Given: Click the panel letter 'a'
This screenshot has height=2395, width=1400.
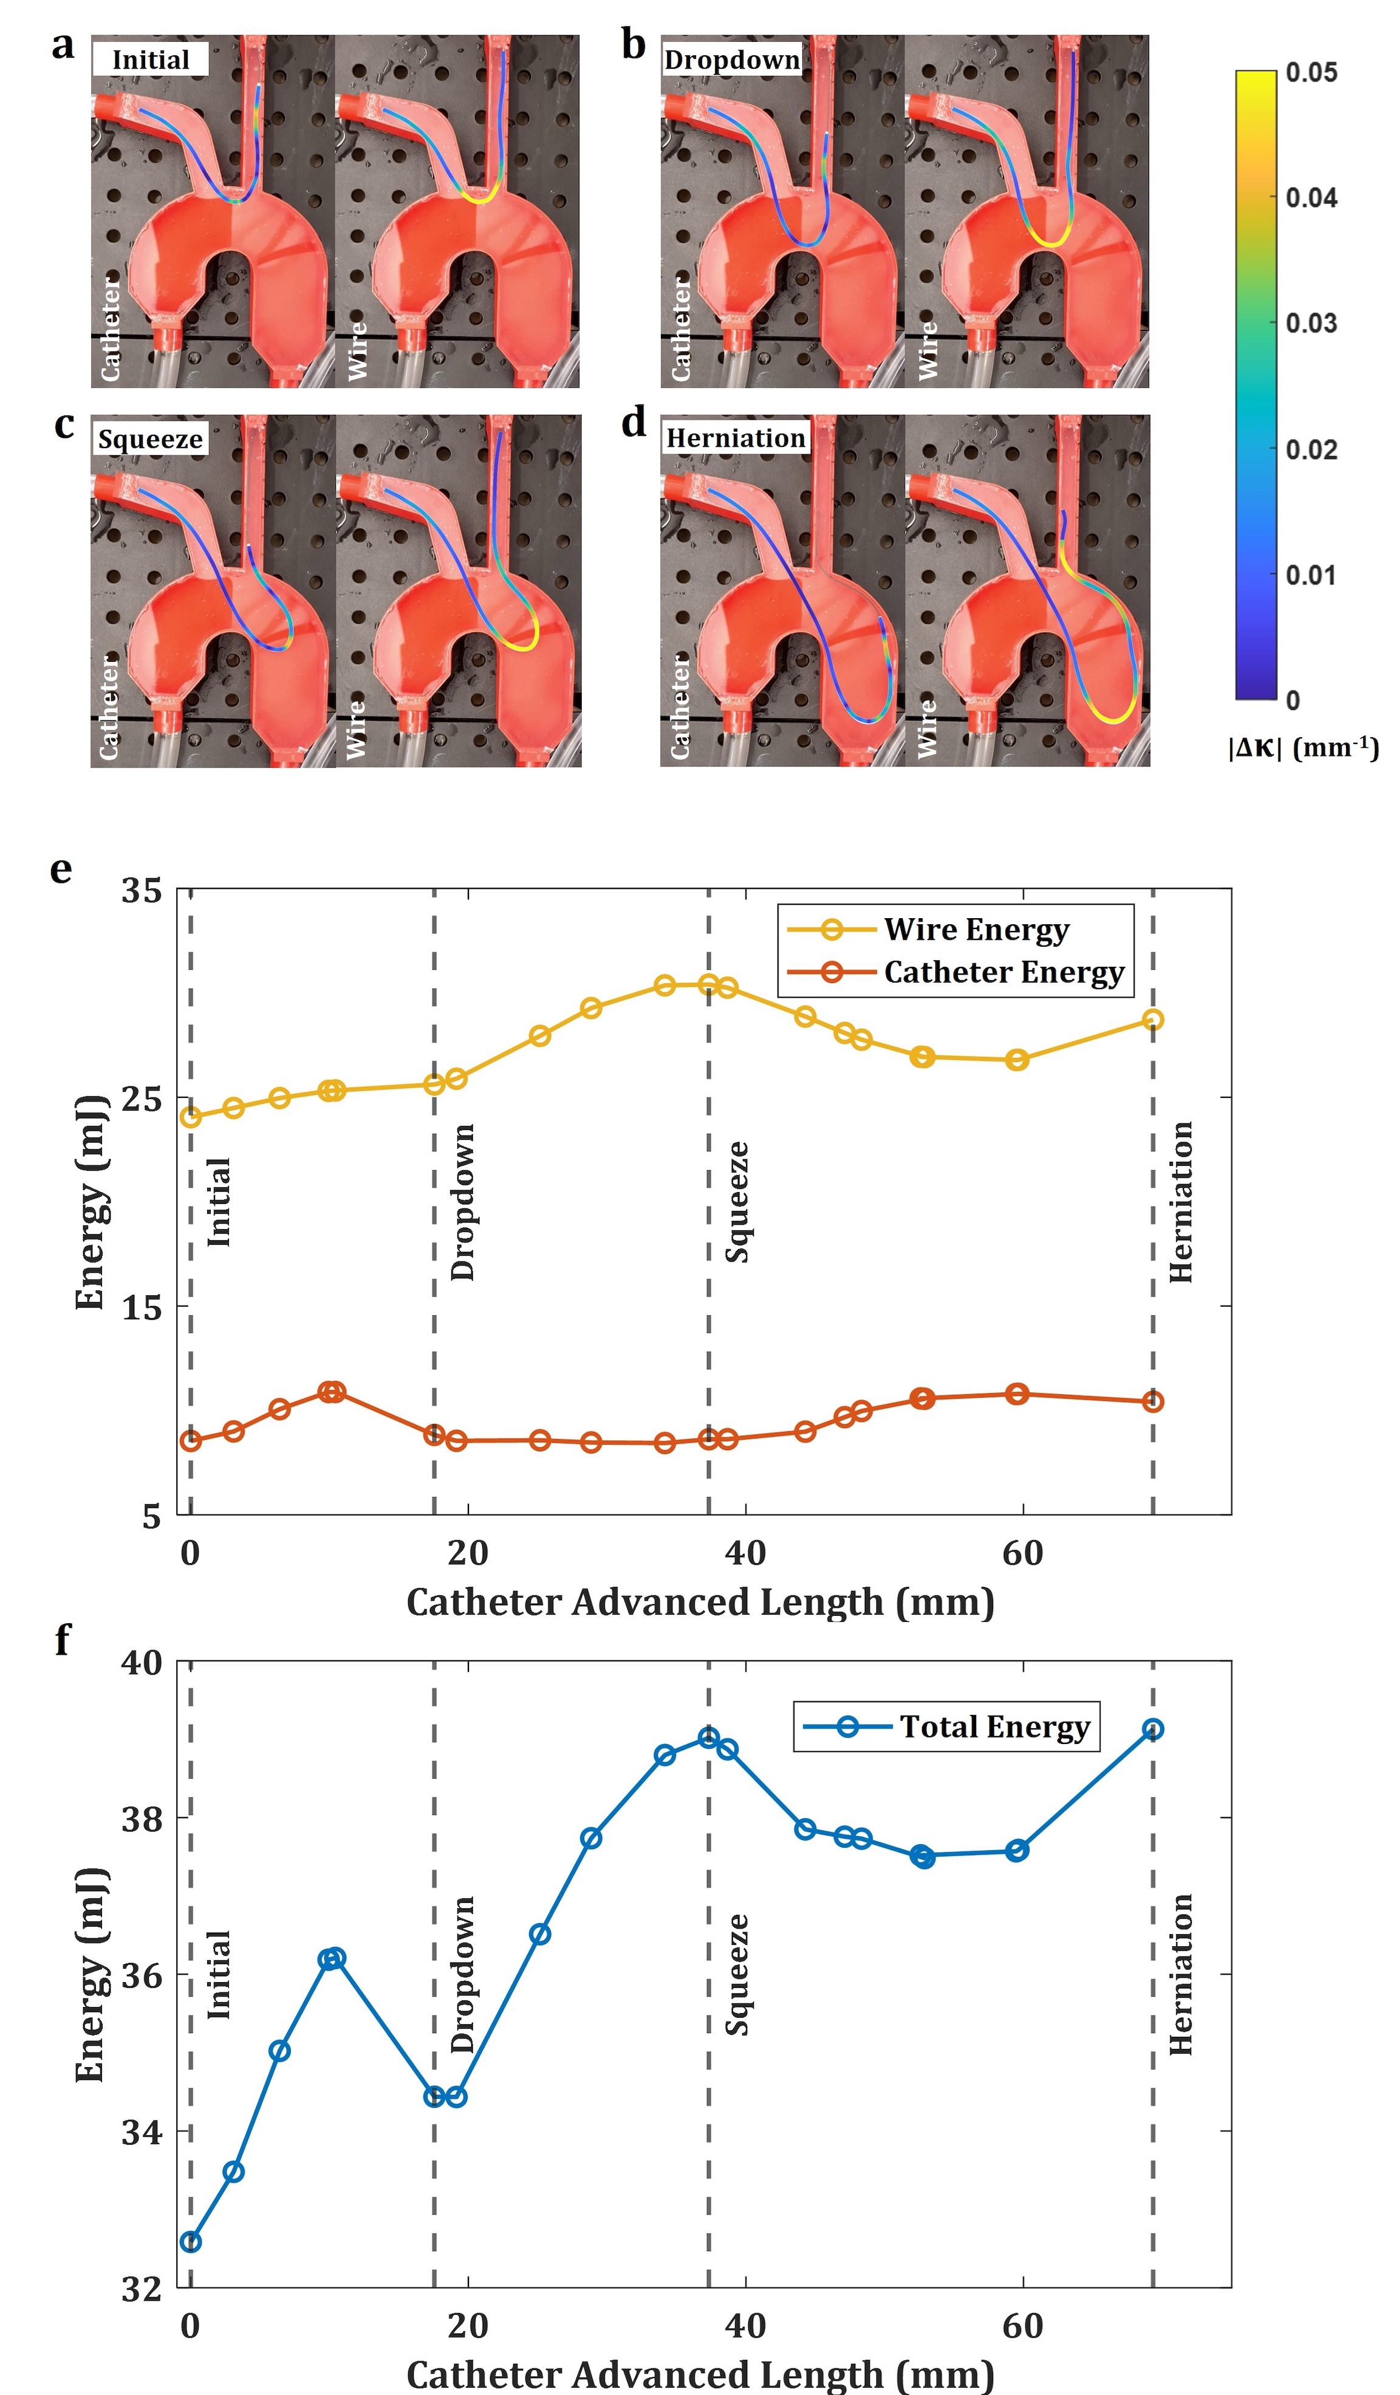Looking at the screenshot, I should [x=63, y=45].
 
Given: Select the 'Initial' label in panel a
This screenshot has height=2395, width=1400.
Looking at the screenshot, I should [x=150, y=60].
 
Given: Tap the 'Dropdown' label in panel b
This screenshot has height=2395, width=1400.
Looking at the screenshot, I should [x=732, y=60].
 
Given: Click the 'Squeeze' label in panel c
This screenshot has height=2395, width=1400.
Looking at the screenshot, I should [x=150, y=439].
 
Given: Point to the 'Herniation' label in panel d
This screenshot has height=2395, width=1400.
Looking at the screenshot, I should [x=736, y=438].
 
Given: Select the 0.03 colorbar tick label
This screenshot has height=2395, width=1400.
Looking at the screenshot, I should [x=1311, y=323].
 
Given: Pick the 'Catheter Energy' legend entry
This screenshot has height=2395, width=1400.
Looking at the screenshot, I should [x=1003, y=972].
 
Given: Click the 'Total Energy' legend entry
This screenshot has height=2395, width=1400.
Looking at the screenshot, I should [x=994, y=1727].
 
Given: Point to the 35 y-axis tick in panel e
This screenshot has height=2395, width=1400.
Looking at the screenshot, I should [x=142, y=890].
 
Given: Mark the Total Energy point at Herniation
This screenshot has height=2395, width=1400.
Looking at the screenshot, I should [x=1153, y=1729].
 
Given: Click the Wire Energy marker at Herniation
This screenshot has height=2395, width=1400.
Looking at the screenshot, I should [x=1153, y=1020].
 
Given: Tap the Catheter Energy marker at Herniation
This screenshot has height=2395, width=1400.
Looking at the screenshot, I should [x=1153, y=1402].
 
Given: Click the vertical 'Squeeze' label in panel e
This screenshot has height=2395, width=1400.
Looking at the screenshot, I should [x=737, y=1202].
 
